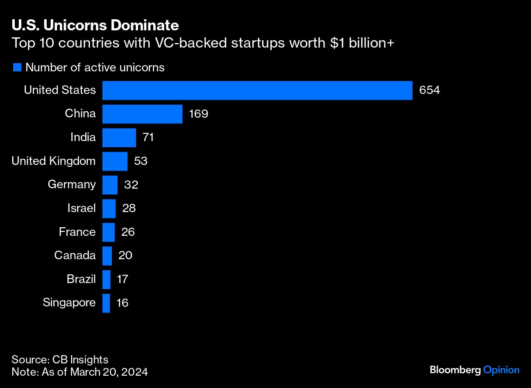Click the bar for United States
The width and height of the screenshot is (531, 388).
[257, 90]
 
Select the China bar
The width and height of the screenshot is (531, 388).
[142, 114]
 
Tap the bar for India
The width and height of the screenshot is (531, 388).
[119, 137]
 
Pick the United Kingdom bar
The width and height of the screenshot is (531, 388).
[115, 161]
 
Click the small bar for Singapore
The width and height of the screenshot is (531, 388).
[106, 303]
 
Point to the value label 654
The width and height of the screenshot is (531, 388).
[429, 90]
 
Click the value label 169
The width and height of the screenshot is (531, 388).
[198, 114]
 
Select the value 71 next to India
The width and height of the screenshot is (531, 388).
[148, 137]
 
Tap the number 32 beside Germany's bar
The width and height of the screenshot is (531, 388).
[131, 185]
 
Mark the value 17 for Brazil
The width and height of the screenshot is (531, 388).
[122, 279]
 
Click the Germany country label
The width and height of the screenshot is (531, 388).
[72, 185]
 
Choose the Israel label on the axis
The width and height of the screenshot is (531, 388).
[81, 208]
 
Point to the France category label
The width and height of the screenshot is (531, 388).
[77, 232]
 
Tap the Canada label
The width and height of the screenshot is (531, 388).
[75, 256]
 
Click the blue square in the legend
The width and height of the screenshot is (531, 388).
[17, 68]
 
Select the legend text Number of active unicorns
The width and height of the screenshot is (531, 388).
[95, 68]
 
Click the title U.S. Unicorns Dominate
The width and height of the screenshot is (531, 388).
[95, 25]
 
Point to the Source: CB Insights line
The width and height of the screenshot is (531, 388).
[60, 360]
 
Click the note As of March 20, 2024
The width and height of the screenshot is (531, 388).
[79, 372]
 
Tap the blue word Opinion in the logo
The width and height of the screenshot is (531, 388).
[501, 370]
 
